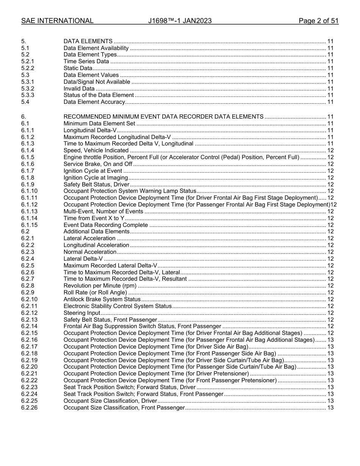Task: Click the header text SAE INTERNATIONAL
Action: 57,21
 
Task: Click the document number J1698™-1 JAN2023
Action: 180,21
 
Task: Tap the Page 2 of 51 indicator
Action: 318,21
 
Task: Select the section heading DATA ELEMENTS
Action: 88,41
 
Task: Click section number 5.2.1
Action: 28,61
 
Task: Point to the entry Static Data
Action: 78,68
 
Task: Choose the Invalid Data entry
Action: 79,89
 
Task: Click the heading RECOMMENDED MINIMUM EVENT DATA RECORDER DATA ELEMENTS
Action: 163,117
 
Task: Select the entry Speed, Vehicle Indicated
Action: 96,150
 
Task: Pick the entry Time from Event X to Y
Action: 94,218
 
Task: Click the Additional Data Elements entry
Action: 96,231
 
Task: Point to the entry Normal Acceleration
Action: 90,252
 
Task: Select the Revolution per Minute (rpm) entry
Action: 100,286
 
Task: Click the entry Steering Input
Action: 82,313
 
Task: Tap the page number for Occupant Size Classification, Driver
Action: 330,401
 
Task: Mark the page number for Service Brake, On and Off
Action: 330,164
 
